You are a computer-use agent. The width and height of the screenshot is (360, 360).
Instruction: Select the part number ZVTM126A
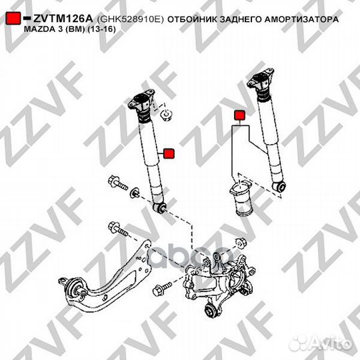click(61, 20)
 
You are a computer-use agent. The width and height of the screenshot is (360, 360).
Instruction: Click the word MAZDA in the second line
click(39, 31)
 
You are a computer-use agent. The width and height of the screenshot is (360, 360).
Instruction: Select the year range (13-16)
click(101, 31)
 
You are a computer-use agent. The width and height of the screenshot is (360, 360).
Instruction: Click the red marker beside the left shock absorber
click(169, 153)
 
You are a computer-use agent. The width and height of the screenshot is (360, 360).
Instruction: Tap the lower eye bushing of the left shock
click(160, 210)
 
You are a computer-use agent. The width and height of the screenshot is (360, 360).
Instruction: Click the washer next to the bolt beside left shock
click(135, 193)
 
